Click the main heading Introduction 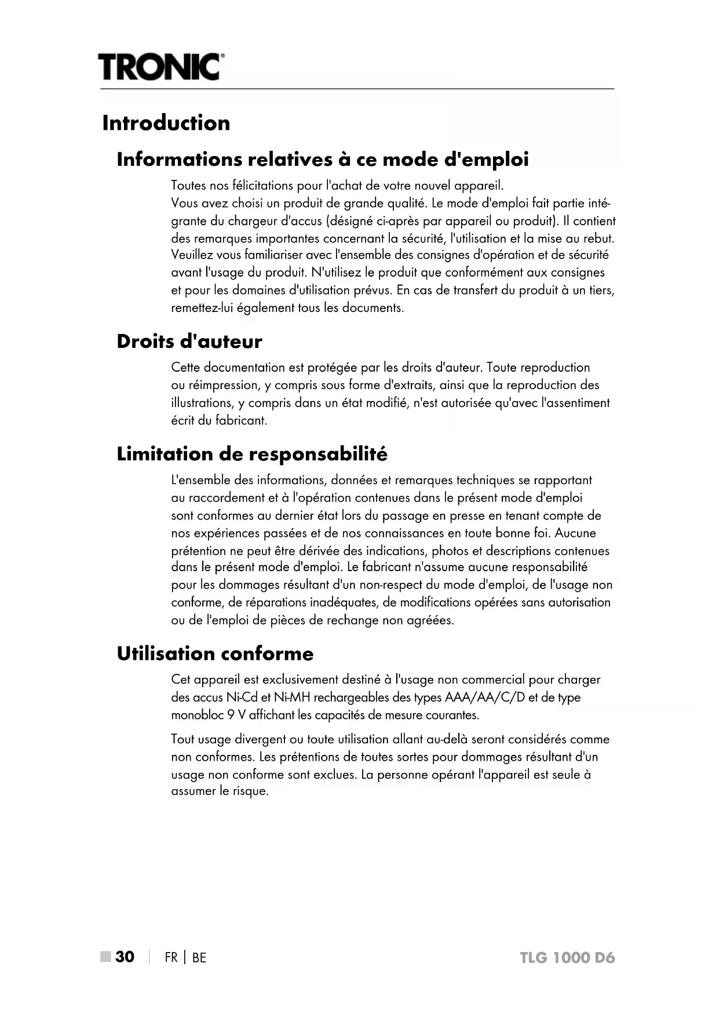coord(166,123)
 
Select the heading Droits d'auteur coord(189,341)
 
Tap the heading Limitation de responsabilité coord(252,453)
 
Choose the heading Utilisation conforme coord(215,653)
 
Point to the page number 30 coord(125,957)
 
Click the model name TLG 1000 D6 coord(567,957)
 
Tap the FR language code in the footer coord(171,957)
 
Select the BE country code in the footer coord(199,957)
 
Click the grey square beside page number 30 coord(105,957)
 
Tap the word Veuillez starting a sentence coord(192,255)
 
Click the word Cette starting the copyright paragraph coord(186,368)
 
